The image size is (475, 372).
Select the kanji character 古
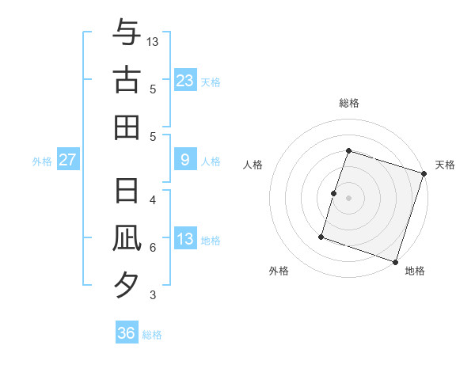[127, 80]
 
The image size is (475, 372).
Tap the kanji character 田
[127, 127]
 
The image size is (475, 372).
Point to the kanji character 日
[127, 190]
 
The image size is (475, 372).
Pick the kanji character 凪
[127, 238]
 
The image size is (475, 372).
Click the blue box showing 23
[184, 80]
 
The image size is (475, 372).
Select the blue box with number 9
[184, 160]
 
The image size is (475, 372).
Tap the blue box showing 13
[184, 239]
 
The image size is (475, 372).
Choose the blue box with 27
[68, 160]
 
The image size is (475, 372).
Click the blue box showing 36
[127, 333]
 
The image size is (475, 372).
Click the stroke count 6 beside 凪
[152, 248]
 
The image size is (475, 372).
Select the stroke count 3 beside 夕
[152, 295]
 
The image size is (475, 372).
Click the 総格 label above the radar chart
[349, 103]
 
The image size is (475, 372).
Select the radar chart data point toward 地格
[397, 261]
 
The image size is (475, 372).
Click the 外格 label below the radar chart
[279, 271]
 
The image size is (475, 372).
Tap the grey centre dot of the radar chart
[349, 198]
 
